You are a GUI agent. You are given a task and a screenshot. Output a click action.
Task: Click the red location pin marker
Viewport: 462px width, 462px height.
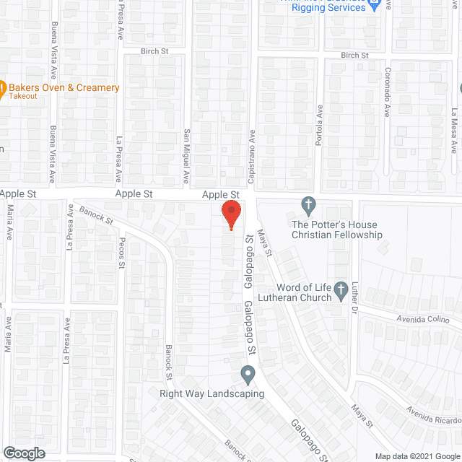click(x=231, y=214)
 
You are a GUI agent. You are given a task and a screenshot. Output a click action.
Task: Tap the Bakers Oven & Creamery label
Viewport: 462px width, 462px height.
click(x=64, y=88)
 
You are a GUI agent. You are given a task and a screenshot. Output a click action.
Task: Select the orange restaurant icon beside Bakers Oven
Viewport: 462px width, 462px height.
click(x=2, y=89)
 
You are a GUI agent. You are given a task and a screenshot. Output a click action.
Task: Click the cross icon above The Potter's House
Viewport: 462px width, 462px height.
click(x=308, y=204)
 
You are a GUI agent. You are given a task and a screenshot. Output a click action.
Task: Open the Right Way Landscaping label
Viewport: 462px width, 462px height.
click(x=212, y=393)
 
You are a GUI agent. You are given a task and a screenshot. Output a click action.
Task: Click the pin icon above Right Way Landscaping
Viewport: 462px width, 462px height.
click(x=248, y=375)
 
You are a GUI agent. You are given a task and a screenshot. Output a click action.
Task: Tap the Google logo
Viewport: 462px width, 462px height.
click(x=23, y=453)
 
